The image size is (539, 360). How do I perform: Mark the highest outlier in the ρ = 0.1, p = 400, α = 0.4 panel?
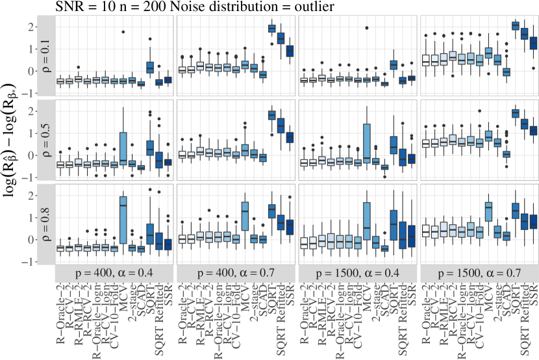point(123,31)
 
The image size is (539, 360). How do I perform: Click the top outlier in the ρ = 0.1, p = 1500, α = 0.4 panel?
point(366,28)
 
